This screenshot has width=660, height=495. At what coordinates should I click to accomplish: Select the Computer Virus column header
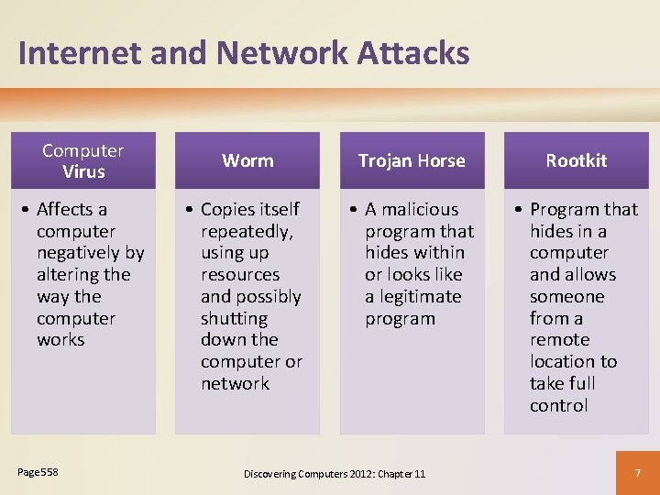point(83,160)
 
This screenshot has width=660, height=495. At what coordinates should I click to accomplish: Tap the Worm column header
point(247,160)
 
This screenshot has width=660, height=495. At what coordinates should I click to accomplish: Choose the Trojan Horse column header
point(412,160)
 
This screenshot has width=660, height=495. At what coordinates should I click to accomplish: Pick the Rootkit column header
point(576,160)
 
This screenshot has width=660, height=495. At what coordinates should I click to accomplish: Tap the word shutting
point(234,318)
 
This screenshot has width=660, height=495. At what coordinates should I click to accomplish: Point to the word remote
point(559,339)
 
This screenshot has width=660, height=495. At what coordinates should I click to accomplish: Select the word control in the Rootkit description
point(558,405)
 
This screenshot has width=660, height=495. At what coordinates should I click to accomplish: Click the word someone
point(566,296)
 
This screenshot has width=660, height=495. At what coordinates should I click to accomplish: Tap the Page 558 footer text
point(38,472)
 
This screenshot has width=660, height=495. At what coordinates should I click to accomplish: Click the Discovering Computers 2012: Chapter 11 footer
point(334,473)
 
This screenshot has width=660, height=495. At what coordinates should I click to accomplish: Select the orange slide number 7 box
point(637,472)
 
